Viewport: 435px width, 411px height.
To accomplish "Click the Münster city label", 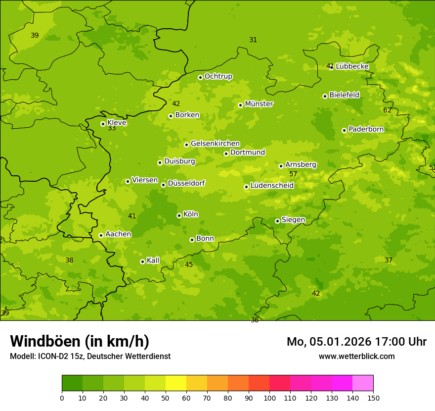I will point(259,104).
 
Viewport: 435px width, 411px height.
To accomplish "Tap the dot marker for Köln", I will point(179,215).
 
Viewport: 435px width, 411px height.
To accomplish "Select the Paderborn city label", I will point(366,129).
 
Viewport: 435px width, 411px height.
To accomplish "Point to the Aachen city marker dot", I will point(101,235).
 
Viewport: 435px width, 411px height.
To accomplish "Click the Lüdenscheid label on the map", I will point(272,186).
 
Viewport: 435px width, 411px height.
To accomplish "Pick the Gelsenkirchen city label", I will point(215,144).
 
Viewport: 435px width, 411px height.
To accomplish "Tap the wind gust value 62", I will point(387,110).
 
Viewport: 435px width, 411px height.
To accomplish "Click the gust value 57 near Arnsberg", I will point(293,174).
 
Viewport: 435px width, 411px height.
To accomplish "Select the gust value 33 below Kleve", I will point(112,128).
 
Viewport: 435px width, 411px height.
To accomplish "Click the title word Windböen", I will point(45,341).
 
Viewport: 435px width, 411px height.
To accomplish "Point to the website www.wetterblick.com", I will point(356,356).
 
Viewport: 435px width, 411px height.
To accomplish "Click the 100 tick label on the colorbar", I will point(269,398).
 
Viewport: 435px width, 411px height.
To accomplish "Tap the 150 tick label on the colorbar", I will point(373,398).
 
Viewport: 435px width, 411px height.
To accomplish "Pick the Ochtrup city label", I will point(218,76).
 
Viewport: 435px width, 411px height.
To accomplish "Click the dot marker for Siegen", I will point(277,221).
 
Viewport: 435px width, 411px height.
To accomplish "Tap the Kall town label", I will point(153,260).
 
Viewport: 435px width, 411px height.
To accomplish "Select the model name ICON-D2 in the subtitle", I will point(52,356).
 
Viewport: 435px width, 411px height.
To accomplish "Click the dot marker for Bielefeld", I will point(325,96).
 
